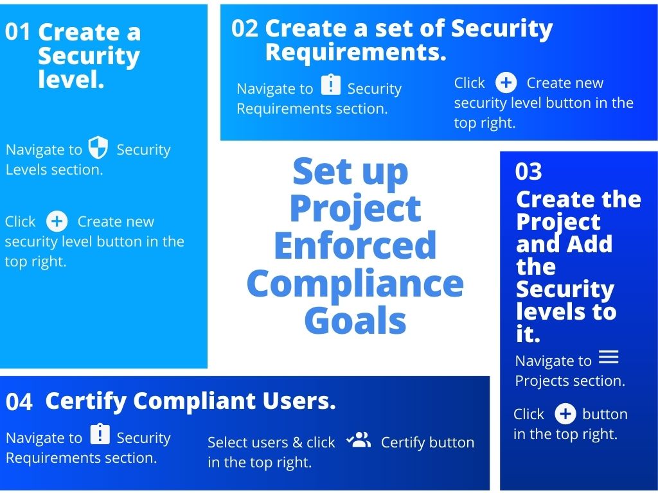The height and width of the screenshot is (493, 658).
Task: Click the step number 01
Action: [17, 32]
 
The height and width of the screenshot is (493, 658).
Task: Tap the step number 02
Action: [245, 28]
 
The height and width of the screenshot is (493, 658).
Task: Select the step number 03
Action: [528, 171]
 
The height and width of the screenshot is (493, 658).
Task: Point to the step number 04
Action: [19, 402]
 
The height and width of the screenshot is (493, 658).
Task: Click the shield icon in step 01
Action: [98, 148]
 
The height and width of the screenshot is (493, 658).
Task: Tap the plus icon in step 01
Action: [57, 221]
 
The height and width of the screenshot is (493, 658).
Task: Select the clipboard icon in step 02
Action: [331, 85]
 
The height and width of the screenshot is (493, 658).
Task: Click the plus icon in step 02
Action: [506, 83]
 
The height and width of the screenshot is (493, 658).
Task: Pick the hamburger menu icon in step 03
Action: [609, 357]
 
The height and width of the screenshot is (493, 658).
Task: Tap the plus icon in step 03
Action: [565, 414]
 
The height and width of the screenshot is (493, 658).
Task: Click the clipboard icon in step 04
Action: [100, 435]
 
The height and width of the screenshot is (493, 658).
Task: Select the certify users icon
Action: [359, 440]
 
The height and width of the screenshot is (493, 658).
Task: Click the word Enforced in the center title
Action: [355, 245]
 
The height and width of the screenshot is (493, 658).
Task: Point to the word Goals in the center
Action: [355, 320]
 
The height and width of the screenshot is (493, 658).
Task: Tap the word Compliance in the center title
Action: [355, 285]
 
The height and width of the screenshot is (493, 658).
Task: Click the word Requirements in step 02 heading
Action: [355, 53]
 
